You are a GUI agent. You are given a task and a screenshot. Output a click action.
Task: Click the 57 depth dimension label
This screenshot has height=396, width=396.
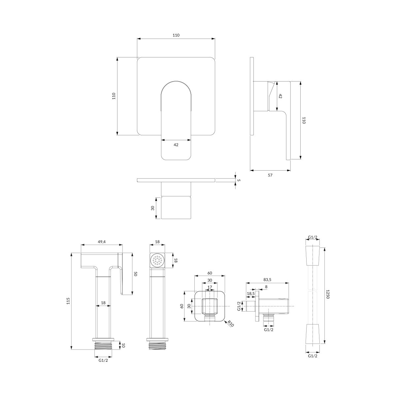pos(270,175)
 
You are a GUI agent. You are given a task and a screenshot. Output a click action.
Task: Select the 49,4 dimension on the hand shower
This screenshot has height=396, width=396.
pos(102,242)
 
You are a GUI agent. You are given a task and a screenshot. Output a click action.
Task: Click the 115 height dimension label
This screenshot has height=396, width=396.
pos(68,301)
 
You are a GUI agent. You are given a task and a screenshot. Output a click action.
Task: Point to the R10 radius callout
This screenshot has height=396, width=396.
pos(231,324)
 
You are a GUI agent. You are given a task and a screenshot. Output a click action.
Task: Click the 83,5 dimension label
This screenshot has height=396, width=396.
pos(267,280)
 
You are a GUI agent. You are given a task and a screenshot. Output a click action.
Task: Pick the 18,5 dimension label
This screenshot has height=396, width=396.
pos(251,294)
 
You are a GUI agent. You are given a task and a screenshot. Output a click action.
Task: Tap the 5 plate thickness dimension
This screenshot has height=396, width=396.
pos(239,180)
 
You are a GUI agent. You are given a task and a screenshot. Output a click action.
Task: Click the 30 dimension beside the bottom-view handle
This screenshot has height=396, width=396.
pos(152,208)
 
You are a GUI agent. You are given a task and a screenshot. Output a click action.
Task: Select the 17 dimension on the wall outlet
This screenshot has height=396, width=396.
pos(210,287)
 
